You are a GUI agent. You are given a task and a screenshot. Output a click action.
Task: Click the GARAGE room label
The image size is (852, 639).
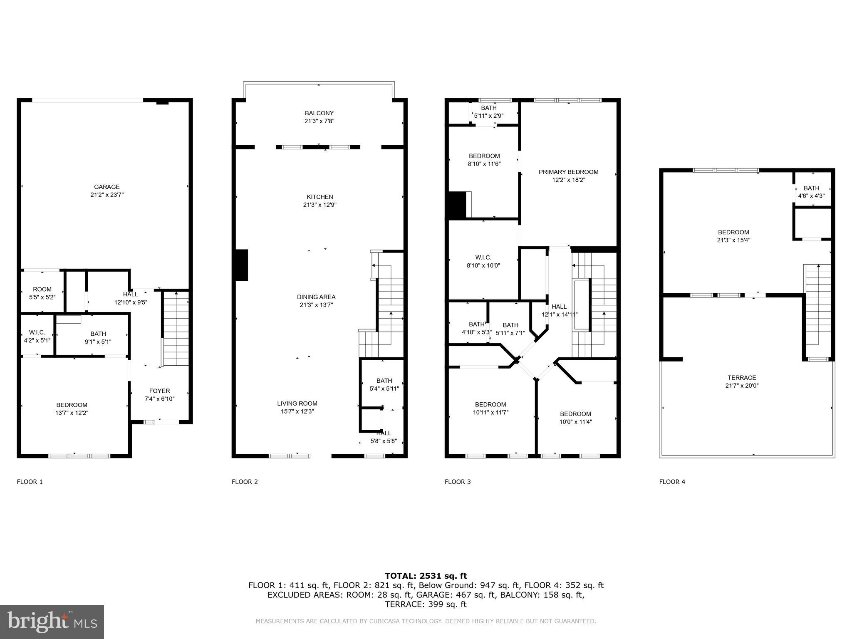[x=106, y=187]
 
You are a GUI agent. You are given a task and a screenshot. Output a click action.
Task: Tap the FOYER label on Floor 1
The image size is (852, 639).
[x=159, y=391]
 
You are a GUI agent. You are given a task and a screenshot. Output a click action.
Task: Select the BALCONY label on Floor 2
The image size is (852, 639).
[x=319, y=113]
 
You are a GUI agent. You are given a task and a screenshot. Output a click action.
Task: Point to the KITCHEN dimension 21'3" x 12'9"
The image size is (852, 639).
[x=319, y=205]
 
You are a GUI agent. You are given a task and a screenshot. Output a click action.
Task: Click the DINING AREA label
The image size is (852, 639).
[x=316, y=297]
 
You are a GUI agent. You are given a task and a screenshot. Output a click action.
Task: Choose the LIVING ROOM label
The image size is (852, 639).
[x=297, y=404]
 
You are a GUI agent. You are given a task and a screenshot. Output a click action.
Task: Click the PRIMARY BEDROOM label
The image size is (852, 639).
[x=568, y=172]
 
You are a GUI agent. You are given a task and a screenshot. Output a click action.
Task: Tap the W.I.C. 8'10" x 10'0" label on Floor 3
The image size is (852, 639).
[x=483, y=261]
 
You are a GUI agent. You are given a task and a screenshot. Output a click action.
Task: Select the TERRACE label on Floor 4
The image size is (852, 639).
[x=742, y=378]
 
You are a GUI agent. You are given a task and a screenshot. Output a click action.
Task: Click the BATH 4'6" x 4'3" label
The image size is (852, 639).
[x=811, y=192]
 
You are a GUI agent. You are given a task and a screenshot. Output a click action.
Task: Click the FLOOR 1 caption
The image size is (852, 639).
[x=30, y=482]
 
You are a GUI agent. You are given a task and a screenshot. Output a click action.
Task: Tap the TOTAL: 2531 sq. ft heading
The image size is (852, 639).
[x=426, y=576]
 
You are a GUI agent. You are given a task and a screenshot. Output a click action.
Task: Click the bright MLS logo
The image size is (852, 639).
[x=52, y=622]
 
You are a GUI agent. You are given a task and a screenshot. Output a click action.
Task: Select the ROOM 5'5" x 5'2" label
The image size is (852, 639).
[x=42, y=293]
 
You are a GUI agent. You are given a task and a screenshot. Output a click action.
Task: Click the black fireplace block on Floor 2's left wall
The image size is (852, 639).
[x=241, y=265]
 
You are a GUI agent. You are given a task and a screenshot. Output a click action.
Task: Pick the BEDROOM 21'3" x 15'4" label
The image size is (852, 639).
[x=733, y=236]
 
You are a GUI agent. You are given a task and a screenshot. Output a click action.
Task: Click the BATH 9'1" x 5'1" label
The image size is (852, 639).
[x=98, y=337]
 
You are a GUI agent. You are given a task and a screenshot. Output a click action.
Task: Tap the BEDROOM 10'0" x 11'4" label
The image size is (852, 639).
[x=575, y=418]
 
